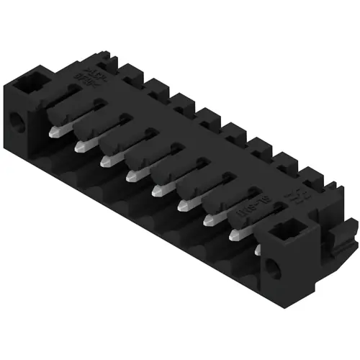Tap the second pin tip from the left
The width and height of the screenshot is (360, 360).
tap(81, 145)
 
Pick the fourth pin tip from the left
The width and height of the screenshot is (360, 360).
tap(132, 174)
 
